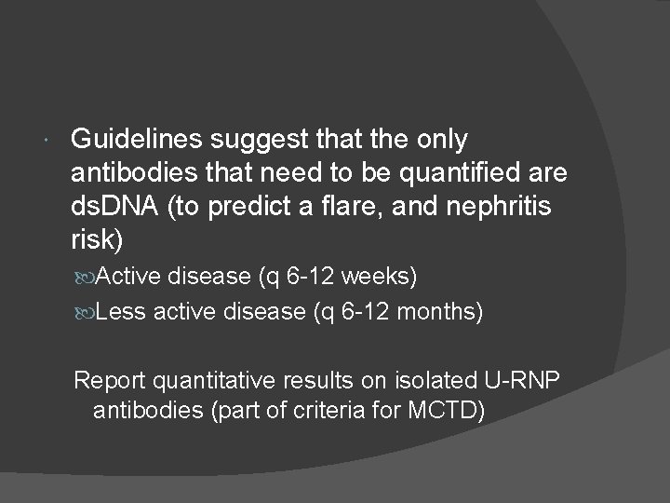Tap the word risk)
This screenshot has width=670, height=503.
97,238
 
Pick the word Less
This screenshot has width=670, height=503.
120,312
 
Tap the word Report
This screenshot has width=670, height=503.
110,380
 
